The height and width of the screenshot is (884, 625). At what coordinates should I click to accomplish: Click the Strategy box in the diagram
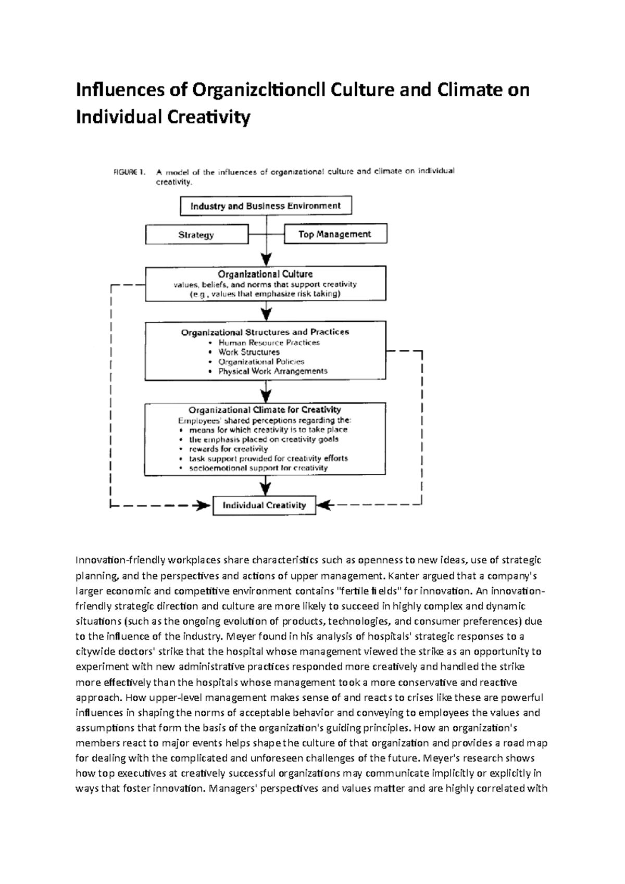tap(196, 235)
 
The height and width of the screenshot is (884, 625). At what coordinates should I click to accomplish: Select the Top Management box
tap(335, 234)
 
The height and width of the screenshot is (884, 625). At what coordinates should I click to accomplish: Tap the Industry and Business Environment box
tap(266, 206)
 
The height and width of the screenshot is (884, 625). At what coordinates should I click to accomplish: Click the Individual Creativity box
tap(264, 505)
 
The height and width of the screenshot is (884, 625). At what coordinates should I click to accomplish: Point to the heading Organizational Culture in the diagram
tap(265, 274)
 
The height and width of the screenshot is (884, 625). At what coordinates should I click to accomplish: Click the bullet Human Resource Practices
tap(269, 343)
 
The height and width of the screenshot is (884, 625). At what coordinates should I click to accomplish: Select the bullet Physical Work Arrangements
tap(273, 371)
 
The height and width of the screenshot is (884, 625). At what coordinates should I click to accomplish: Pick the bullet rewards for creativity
tap(228, 449)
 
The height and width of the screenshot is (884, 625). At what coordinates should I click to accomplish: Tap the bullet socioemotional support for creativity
tap(258, 468)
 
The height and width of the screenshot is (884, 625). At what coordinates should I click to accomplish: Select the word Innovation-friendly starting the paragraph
tap(120, 560)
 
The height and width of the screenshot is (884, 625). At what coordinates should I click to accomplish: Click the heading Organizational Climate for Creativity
tap(265, 410)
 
